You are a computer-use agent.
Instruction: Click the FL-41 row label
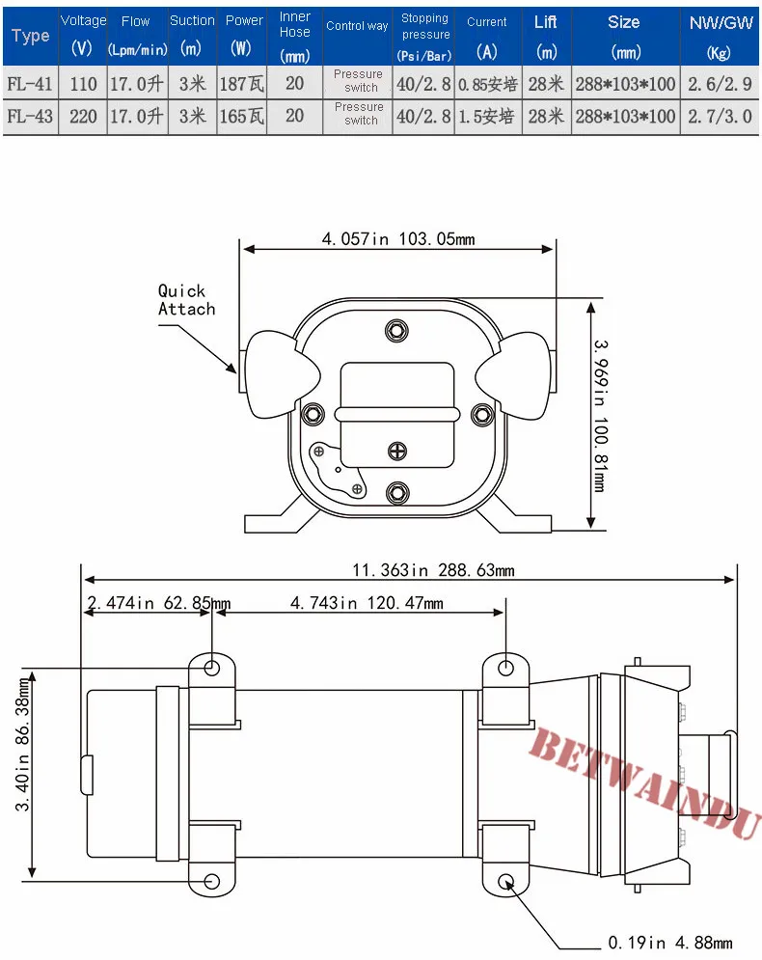[x=29, y=83]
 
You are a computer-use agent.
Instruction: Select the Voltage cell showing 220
[x=83, y=116]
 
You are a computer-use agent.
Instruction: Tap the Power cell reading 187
[x=242, y=83]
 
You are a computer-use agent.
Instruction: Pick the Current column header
[x=486, y=36]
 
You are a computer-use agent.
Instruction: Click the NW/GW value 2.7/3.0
[x=720, y=116]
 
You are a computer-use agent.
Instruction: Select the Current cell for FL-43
[x=486, y=116]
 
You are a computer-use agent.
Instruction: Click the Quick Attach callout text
[x=187, y=300]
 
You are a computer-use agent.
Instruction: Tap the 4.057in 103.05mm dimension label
[x=398, y=238]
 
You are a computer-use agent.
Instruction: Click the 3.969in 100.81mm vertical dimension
[x=600, y=416]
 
